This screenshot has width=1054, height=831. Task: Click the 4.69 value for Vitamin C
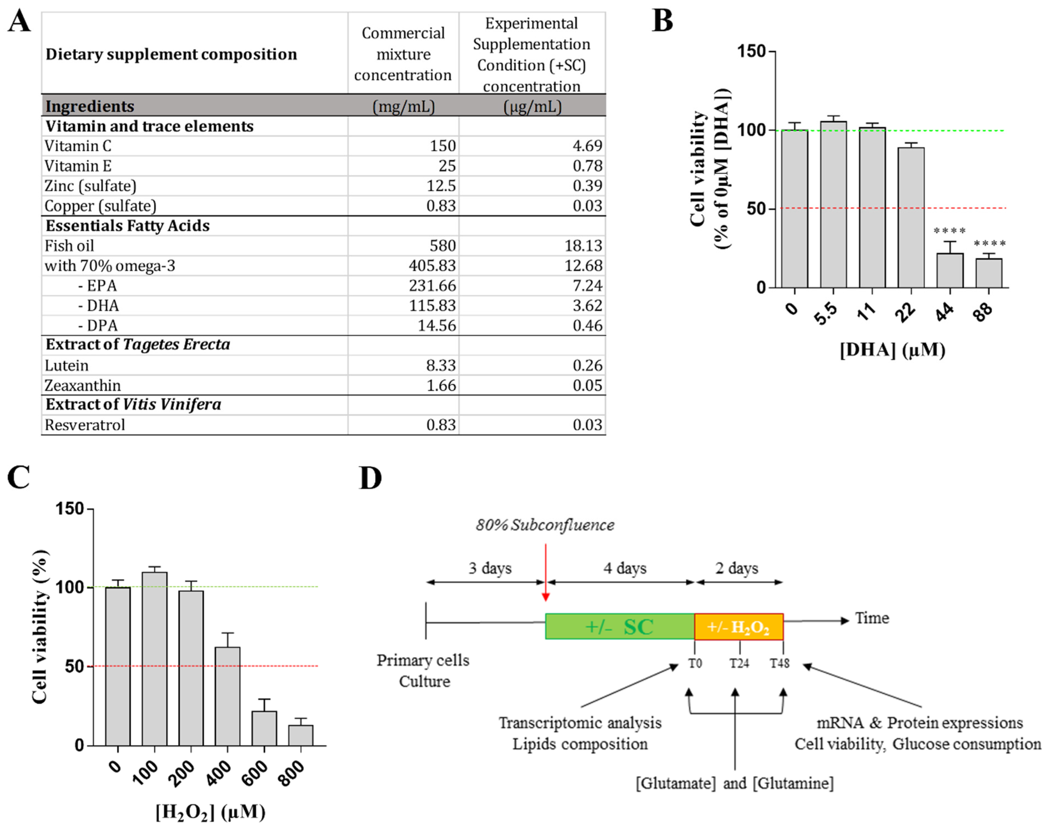coord(587,146)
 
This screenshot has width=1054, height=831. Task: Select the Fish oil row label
coord(69,246)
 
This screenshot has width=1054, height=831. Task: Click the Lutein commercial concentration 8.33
coord(441,365)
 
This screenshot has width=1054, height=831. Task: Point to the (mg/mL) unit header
coord(403,106)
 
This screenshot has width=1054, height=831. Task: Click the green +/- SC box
coord(620,627)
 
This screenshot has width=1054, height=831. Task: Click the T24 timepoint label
coord(739,663)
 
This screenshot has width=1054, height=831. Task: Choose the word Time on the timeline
coord(872,618)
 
